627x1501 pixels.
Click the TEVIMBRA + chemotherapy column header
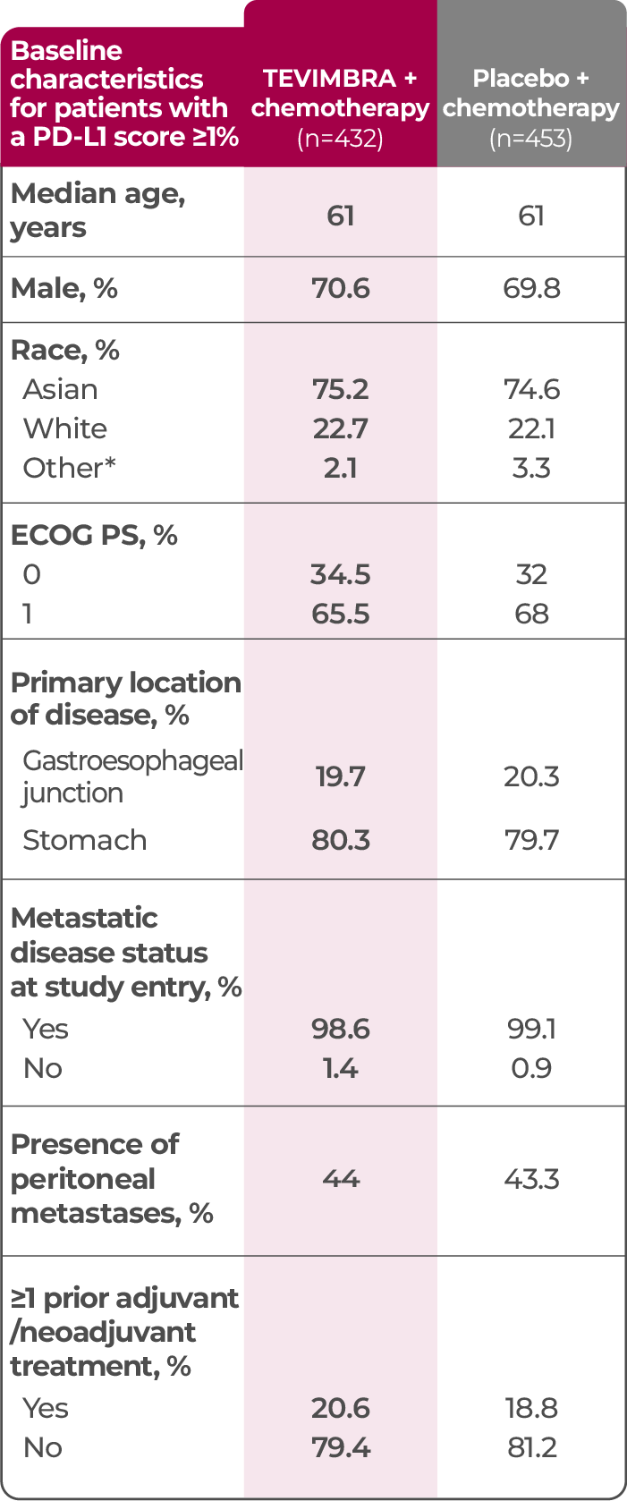[340, 93]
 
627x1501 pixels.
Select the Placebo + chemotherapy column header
[530, 93]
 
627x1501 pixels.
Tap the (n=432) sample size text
[340, 139]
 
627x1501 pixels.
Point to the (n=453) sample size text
[530, 139]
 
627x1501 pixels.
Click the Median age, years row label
[97, 210]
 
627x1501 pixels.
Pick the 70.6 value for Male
[340, 288]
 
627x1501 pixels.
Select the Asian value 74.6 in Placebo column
[531, 389]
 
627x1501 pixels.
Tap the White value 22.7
[340, 428]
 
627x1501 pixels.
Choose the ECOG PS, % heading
[94, 535]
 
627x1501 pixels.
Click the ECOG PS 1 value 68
[531, 614]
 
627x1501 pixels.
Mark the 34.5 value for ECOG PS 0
[340, 574]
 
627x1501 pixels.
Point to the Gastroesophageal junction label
[132, 776]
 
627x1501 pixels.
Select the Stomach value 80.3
[340, 840]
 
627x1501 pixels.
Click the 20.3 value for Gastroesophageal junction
[531, 776]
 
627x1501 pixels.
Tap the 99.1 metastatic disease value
[531, 1029]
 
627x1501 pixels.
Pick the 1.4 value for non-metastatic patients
[340, 1068]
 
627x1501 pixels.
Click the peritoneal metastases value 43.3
[531, 1178]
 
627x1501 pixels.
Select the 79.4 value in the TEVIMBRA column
[340, 1447]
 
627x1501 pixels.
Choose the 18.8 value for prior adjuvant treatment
[531, 1408]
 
